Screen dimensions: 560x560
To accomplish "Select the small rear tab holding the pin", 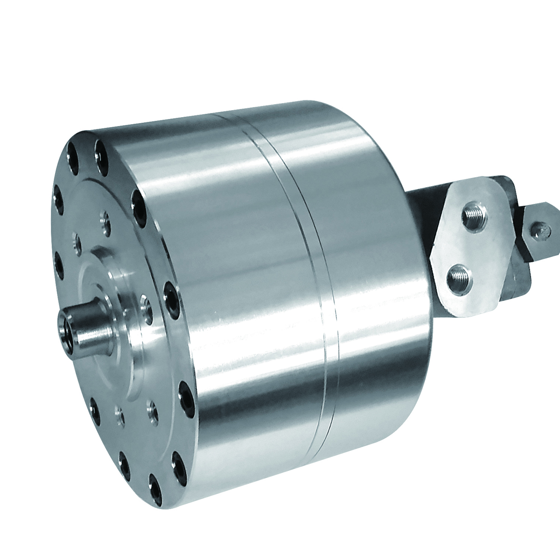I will pyautogui.click(x=541, y=233).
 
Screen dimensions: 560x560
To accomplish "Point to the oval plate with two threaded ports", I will pyautogui.click(x=467, y=247).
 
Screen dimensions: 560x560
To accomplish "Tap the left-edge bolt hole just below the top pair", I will pyautogui.click(x=58, y=198).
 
